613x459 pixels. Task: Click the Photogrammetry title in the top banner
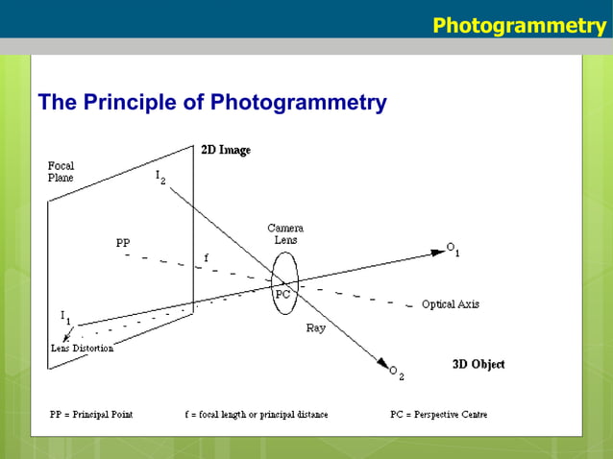click(x=518, y=24)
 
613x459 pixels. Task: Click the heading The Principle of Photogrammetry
click(x=211, y=102)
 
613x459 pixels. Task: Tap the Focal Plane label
click(x=61, y=172)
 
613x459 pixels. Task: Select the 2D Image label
click(x=226, y=150)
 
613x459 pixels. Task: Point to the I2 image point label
click(x=159, y=178)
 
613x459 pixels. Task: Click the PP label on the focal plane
click(x=123, y=243)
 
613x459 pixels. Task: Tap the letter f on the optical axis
click(x=206, y=257)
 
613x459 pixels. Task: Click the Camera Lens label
click(x=285, y=233)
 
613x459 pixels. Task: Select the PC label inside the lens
click(x=283, y=295)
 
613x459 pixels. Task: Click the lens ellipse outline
click(x=298, y=283)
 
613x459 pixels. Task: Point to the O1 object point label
click(x=453, y=249)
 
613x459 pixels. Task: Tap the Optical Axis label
click(x=450, y=304)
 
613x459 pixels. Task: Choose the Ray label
click(x=315, y=327)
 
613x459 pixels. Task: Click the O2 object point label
click(x=396, y=371)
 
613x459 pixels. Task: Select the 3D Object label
click(x=478, y=364)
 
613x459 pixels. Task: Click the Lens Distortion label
click(x=82, y=349)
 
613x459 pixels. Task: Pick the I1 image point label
click(x=65, y=316)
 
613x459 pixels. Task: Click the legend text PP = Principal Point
click(x=91, y=415)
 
